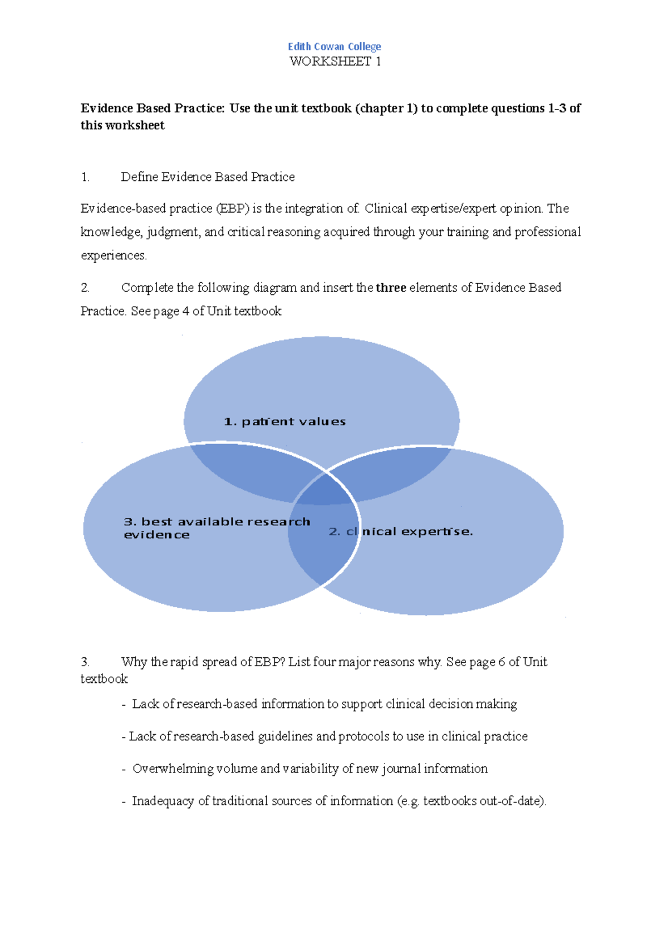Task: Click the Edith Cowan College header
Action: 334,47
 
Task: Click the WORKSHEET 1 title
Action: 335,62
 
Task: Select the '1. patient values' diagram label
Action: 284,422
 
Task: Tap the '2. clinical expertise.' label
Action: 400,531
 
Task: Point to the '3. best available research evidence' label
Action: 217,528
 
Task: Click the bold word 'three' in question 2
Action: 391,288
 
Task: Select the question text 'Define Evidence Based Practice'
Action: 208,177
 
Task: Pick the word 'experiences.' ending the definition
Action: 114,255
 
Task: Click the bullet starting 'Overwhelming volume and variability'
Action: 310,769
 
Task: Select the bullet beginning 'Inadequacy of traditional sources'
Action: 338,801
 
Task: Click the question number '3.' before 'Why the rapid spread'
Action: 85,662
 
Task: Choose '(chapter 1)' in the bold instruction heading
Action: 386,109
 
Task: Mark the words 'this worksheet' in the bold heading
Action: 122,125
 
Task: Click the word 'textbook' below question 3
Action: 104,679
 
